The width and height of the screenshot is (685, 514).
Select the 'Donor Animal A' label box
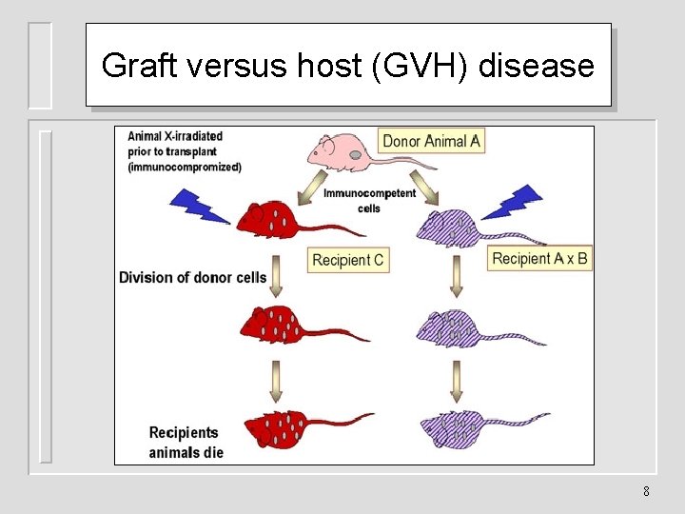(431, 141)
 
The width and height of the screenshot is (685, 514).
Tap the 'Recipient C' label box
(348, 260)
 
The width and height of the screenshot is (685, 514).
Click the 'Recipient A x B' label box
(539, 258)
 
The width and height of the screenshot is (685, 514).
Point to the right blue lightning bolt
(513, 202)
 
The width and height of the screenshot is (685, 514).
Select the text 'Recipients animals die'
(186, 443)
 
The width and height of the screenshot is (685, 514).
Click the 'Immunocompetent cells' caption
(369, 200)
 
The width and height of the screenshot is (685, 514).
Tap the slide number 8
(646, 492)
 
